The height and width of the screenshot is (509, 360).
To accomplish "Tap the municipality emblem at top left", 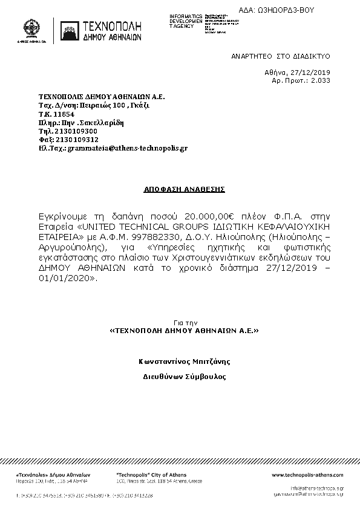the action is (33, 28).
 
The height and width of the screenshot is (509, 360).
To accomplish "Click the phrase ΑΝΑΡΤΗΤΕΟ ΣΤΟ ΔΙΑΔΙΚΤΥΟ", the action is (280, 55).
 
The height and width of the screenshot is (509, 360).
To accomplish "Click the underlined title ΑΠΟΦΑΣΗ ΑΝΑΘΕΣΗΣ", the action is (185, 189).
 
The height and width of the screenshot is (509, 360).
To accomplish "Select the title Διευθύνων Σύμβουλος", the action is (184, 376).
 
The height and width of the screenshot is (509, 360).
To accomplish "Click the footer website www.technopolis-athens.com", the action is (307, 475).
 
